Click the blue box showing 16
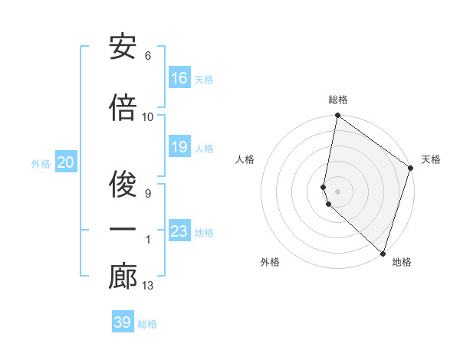click(179, 78)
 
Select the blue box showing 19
click(179, 147)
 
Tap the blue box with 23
click(179, 231)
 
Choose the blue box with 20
click(66, 162)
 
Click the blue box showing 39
click(123, 322)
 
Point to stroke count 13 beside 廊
click(148, 286)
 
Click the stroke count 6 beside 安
click(148, 56)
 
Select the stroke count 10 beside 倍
click(148, 116)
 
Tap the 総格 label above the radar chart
click(338, 100)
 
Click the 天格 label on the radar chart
click(431, 159)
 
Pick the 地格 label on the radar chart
click(402, 262)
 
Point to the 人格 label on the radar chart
click(245, 159)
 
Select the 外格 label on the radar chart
click(270, 262)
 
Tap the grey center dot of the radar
click(338, 191)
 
